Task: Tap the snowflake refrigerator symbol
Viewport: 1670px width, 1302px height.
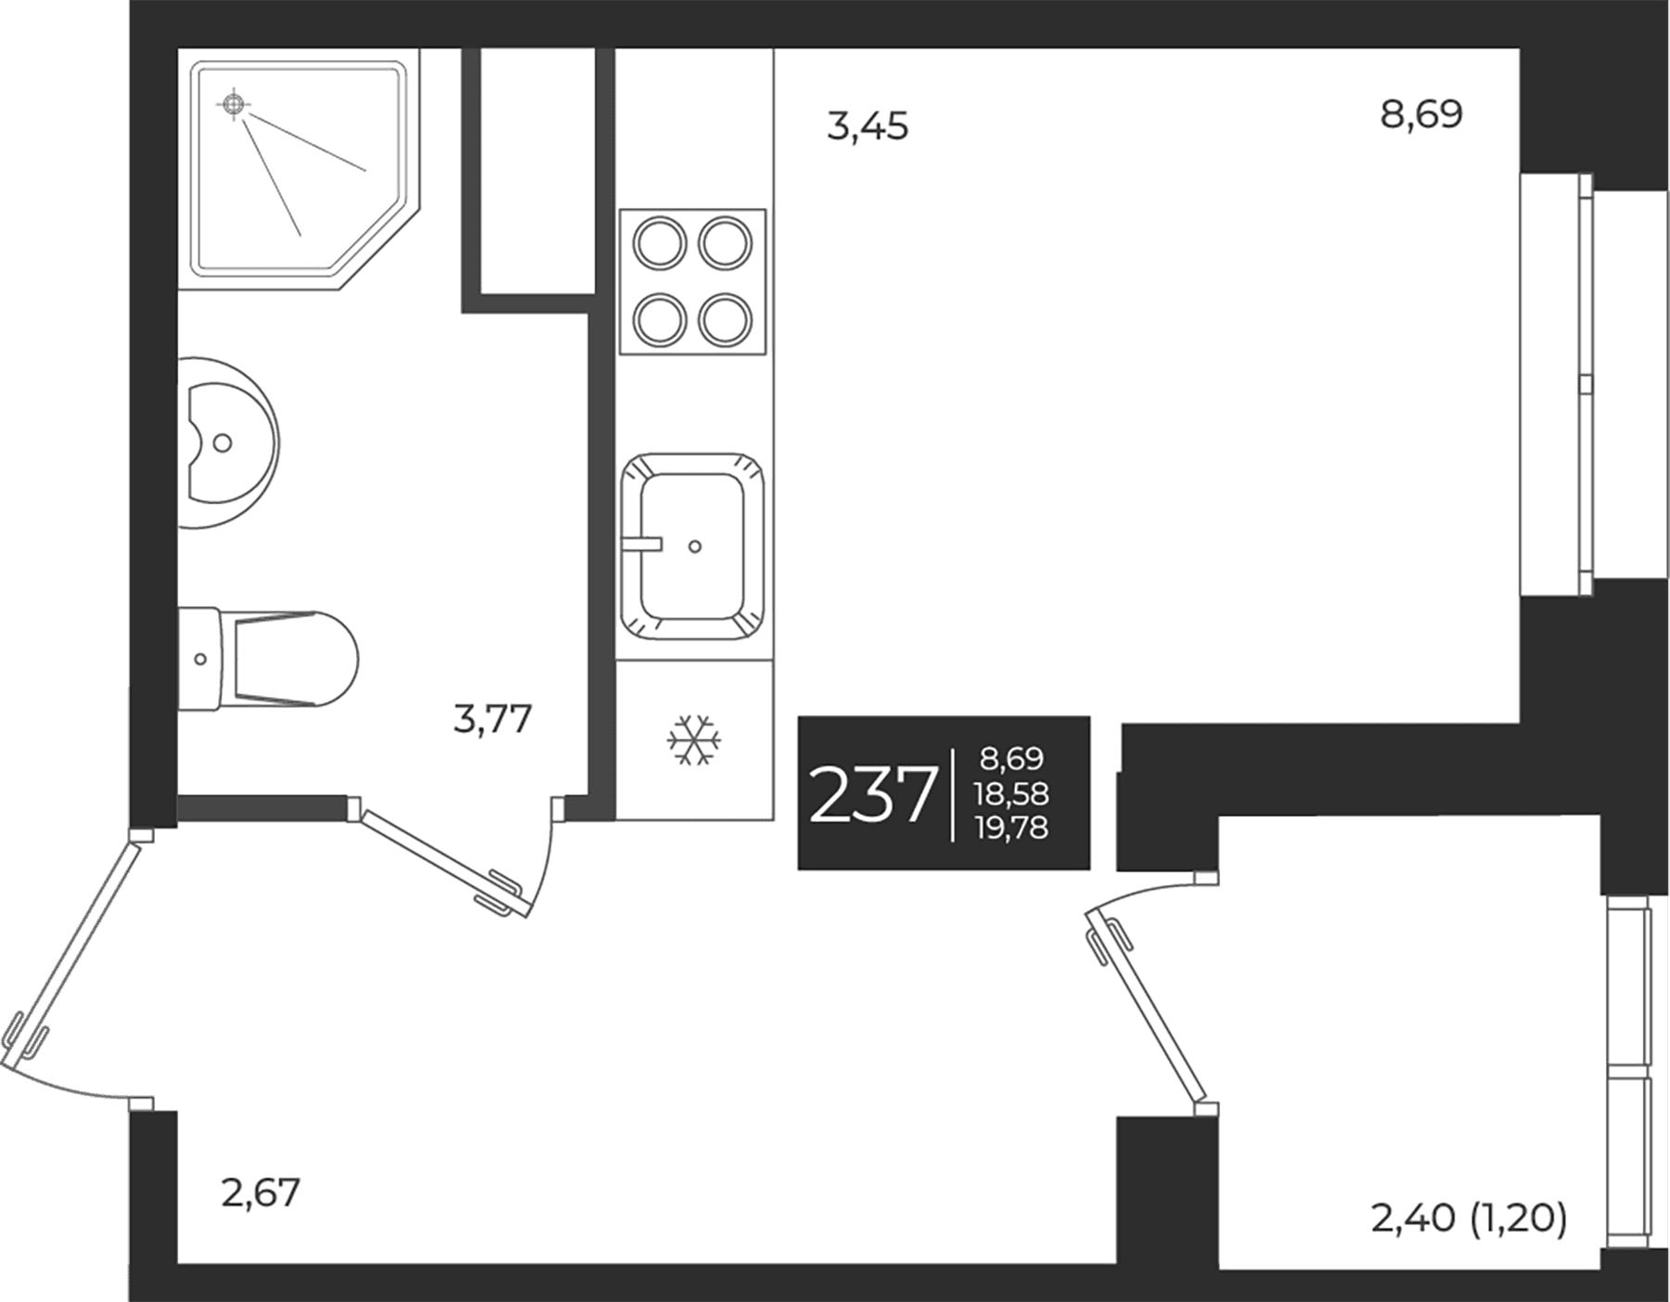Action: pyautogui.click(x=694, y=740)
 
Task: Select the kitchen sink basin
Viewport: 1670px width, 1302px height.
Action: pyautogui.click(x=693, y=547)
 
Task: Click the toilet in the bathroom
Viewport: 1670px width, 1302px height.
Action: pyautogui.click(x=267, y=660)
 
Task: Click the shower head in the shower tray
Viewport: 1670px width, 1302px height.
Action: pyautogui.click(x=235, y=105)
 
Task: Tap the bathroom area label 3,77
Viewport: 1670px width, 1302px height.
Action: pyautogui.click(x=493, y=719)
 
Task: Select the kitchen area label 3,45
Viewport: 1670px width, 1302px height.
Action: pyautogui.click(x=867, y=125)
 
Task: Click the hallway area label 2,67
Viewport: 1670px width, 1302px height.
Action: pyautogui.click(x=261, y=1192)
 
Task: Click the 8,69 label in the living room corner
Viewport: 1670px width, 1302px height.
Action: pyautogui.click(x=1421, y=114)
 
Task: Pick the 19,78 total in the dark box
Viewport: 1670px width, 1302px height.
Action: pyautogui.click(x=1012, y=827)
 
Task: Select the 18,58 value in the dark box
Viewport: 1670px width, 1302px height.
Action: pyautogui.click(x=1012, y=793)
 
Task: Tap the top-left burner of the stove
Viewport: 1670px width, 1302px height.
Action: pyautogui.click(x=660, y=243)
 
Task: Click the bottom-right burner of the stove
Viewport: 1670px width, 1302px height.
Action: pyautogui.click(x=725, y=320)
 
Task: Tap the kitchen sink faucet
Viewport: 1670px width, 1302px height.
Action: pyautogui.click(x=642, y=544)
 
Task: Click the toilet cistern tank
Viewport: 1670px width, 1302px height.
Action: pyautogui.click(x=199, y=660)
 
